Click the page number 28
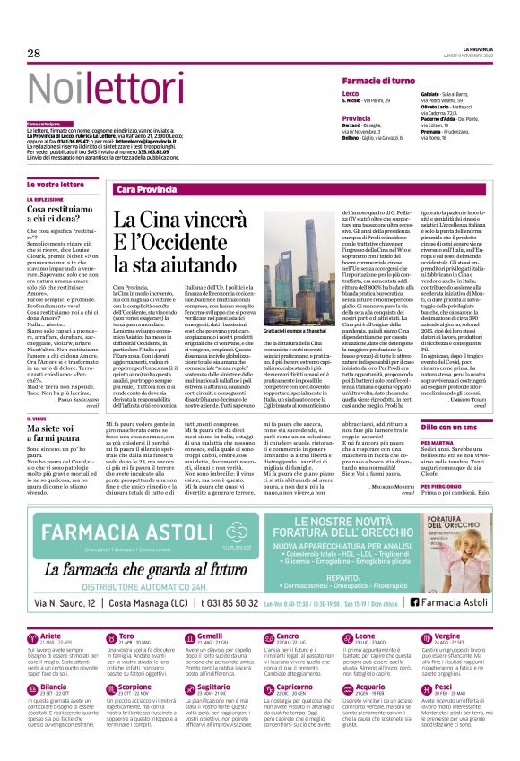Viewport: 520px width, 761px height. [34, 54]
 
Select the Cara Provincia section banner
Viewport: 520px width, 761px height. [148, 190]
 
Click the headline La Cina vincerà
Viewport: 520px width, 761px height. [175, 221]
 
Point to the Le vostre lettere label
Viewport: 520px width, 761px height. [56, 184]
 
